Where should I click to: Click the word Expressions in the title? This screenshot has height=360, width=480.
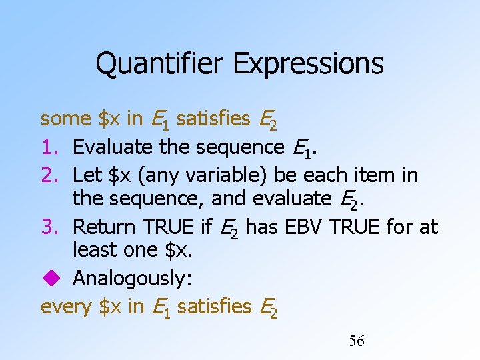coord(308,64)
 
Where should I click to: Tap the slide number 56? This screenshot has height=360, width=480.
coord(357,341)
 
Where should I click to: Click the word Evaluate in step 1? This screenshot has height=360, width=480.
coord(111,146)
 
